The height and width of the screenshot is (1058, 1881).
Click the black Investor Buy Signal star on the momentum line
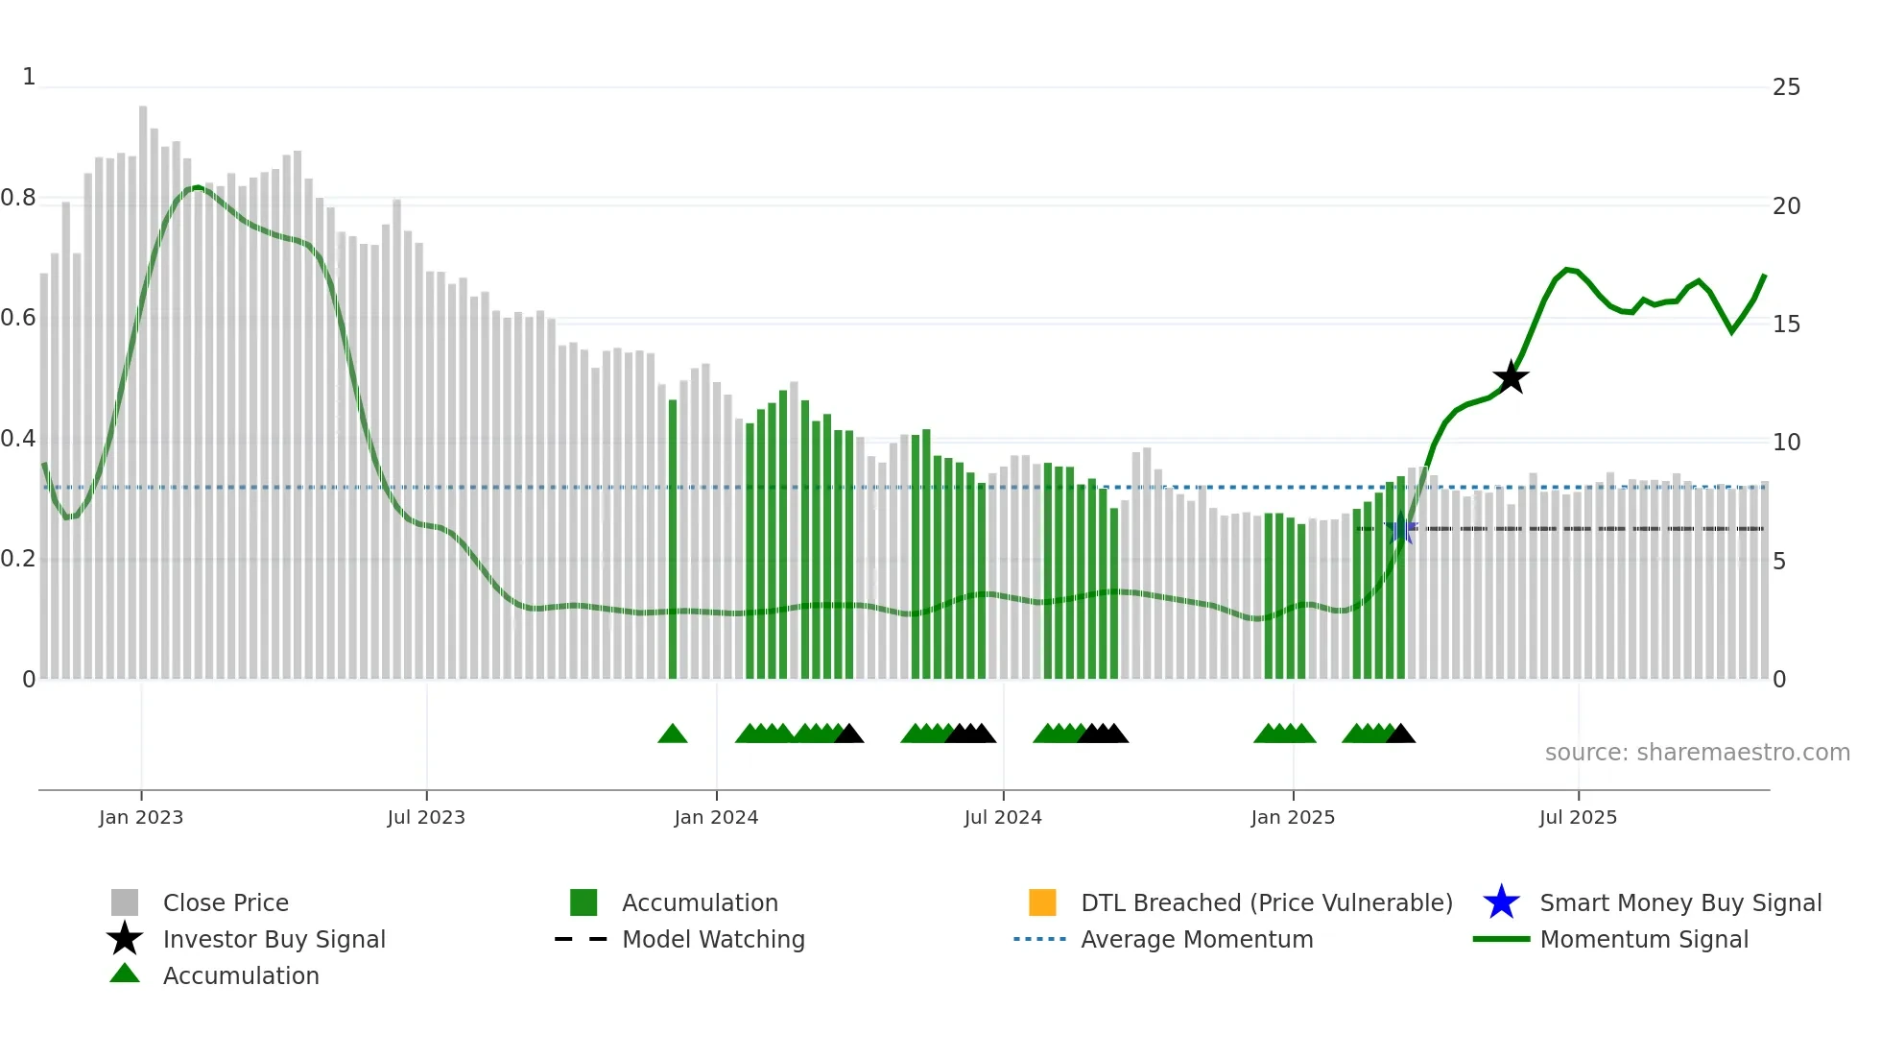pyautogui.click(x=1511, y=377)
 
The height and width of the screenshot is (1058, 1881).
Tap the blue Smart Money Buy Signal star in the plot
pyautogui.click(x=1401, y=528)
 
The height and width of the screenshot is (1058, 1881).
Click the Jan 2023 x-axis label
pyautogui.click(x=141, y=817)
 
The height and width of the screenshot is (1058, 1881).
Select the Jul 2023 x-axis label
pyautogui.click(x=426, y=817)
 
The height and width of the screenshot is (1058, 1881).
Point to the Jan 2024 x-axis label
pyautogui.click(x=716, y=817)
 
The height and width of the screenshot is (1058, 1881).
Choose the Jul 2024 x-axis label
pyautogui.click(x=1003, y=817)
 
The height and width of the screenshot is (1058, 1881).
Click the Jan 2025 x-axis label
pyautogui.click(x=1293, y=817)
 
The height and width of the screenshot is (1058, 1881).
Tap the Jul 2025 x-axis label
pyautogui.click(x=1578, y=817)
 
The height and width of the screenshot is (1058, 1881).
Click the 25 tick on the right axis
pyautogui.click(x=1786, y=87)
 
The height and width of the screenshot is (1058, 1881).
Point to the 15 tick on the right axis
pyautogui.click(x=1786, y=325)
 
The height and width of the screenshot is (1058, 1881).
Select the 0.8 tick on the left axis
pyautogui.click(x=18, y=198)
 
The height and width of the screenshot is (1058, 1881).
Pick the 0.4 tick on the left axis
pyautogui.click(x=18, y=439)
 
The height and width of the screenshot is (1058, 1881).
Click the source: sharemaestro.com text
pyautogui.click(x=1697, y=753)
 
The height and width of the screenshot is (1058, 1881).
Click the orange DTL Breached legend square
pyautogui.click(x=1042, y=902)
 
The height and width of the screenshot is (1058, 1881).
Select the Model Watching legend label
pyautogui.click(x=713, y=939)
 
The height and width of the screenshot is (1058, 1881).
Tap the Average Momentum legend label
pyautogui.click(x=1197, y=939)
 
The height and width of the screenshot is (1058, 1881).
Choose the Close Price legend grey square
pyautogui.click(x=125, y=902)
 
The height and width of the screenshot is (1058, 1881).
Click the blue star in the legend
pyautogui.click(x=1501, y=902)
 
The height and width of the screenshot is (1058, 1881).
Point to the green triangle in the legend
pyautogui.click(x=125, y=974)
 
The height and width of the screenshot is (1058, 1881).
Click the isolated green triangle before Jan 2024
pyautogui.click(x=673, y=734)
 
